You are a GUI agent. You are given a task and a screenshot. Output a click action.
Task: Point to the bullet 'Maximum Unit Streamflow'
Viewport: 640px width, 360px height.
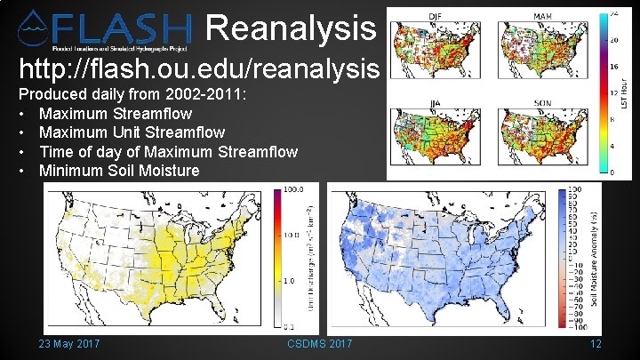click(132, 132)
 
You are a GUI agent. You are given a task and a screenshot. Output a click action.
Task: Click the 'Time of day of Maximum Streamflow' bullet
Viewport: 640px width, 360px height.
click(168, 151)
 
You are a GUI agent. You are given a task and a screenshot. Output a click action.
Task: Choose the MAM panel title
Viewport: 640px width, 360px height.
click(542, 17)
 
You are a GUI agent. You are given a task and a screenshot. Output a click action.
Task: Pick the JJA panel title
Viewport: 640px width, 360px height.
click(436, 103)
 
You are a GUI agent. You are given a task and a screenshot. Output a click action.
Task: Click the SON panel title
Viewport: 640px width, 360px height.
click(542, 103)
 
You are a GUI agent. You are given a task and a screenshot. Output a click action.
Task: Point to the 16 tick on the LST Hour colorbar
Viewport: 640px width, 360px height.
click(612, 67)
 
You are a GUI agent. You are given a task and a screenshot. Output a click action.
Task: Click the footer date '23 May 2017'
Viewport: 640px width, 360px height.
click(68, 344)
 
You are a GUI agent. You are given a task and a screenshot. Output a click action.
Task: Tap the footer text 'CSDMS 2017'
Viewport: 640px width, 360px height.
click(320, 344)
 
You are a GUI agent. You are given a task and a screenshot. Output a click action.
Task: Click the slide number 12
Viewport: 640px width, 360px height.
click(596, 344)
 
